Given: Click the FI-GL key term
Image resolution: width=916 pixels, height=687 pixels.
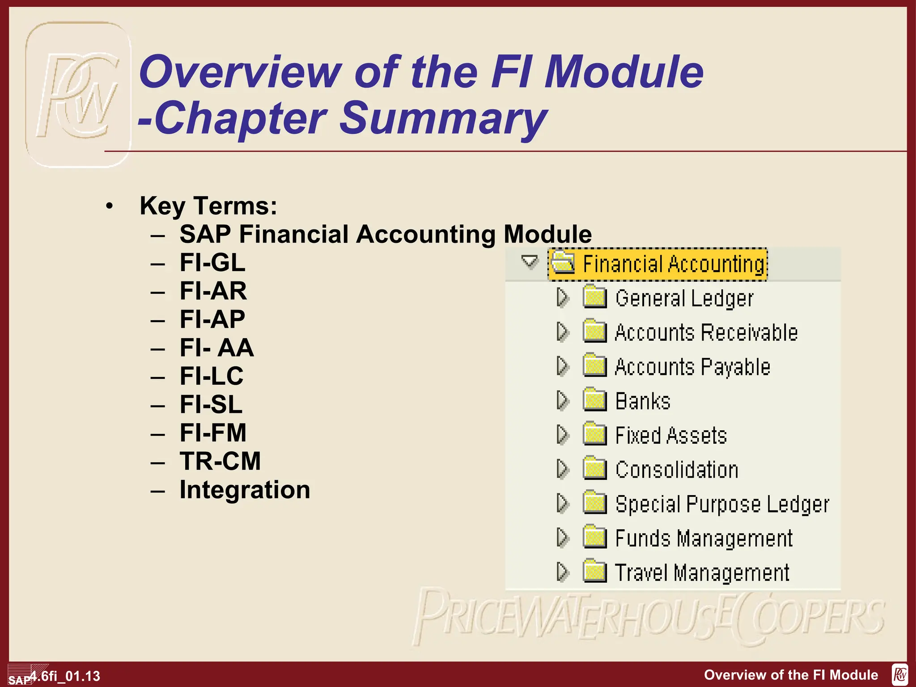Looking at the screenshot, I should tap(212, 263).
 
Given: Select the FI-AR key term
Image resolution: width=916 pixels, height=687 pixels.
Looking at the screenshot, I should tap(213, 291).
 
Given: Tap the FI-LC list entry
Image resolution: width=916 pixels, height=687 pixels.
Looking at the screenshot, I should tap(212, 376).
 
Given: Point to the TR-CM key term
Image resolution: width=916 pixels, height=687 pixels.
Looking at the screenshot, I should tap(220, 461).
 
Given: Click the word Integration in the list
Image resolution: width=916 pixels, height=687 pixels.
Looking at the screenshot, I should tap(245, 490).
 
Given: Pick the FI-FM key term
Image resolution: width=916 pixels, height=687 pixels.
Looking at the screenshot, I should tap(213, 433).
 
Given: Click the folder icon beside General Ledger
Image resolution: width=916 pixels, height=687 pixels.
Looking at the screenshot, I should tap(594, 297).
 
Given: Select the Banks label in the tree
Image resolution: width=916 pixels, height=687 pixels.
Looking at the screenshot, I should tap(643, 401).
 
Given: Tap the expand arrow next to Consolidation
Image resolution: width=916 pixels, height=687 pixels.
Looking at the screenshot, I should tap(562, 469).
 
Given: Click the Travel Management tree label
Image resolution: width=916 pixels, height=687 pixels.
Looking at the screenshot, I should tap(702, 573).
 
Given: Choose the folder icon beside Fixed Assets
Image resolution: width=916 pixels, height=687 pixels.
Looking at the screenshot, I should tap(594, 434).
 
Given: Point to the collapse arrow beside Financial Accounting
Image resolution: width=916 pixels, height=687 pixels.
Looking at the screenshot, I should tap(530, 261).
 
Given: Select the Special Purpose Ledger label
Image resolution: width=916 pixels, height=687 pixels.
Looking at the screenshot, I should tap(722, 504).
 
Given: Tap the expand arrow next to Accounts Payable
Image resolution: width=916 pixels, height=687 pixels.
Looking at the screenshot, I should tap(562, 366).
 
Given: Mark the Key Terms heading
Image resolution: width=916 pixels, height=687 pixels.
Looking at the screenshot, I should tap(208, 206).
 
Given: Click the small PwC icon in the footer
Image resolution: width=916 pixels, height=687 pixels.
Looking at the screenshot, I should tap(899, 674).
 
